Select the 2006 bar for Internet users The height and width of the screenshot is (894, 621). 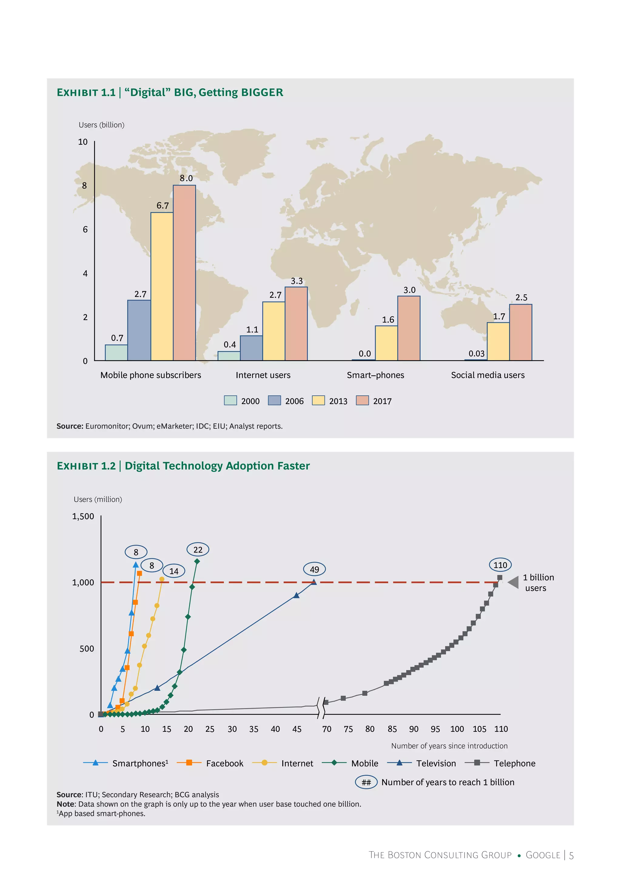(251, 348)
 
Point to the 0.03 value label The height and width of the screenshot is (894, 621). (476, 354)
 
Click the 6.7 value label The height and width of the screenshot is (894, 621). (163, 205)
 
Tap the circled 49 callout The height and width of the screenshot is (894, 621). (314, 570)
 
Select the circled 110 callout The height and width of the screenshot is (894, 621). (500, 565)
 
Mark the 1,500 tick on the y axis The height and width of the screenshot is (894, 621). (83, 516)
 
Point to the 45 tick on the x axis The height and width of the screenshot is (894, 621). (297, 729)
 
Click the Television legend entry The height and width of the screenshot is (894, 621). (436, 763)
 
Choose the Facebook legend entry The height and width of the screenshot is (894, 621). (224, 763)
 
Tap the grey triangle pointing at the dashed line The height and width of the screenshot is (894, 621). (513, 582)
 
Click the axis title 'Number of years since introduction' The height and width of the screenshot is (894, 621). (449, 746)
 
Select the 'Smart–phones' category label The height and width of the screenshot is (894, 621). (375, 375)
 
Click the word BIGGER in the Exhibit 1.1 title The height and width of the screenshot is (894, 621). (262, 92)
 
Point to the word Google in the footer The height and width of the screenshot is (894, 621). (543, 855)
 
